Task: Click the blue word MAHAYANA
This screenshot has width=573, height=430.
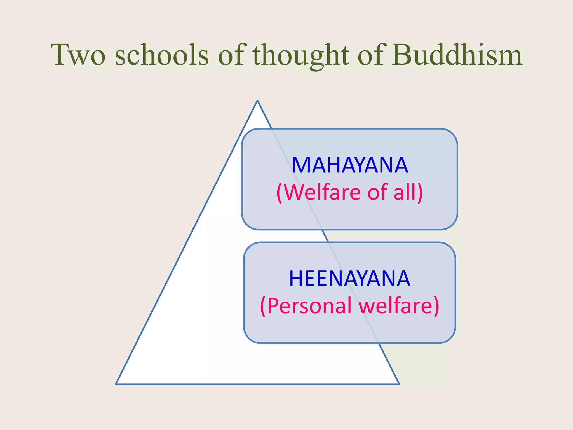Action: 349,165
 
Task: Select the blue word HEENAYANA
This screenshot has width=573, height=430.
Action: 349,279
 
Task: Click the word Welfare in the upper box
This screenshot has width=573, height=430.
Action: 323,192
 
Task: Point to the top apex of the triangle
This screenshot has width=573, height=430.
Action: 257,101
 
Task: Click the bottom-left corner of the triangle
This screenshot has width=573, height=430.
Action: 116,384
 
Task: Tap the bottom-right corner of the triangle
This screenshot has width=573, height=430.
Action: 398,384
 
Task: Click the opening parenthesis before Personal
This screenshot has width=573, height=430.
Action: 263,306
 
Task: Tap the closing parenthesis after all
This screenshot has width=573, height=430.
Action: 420,193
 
